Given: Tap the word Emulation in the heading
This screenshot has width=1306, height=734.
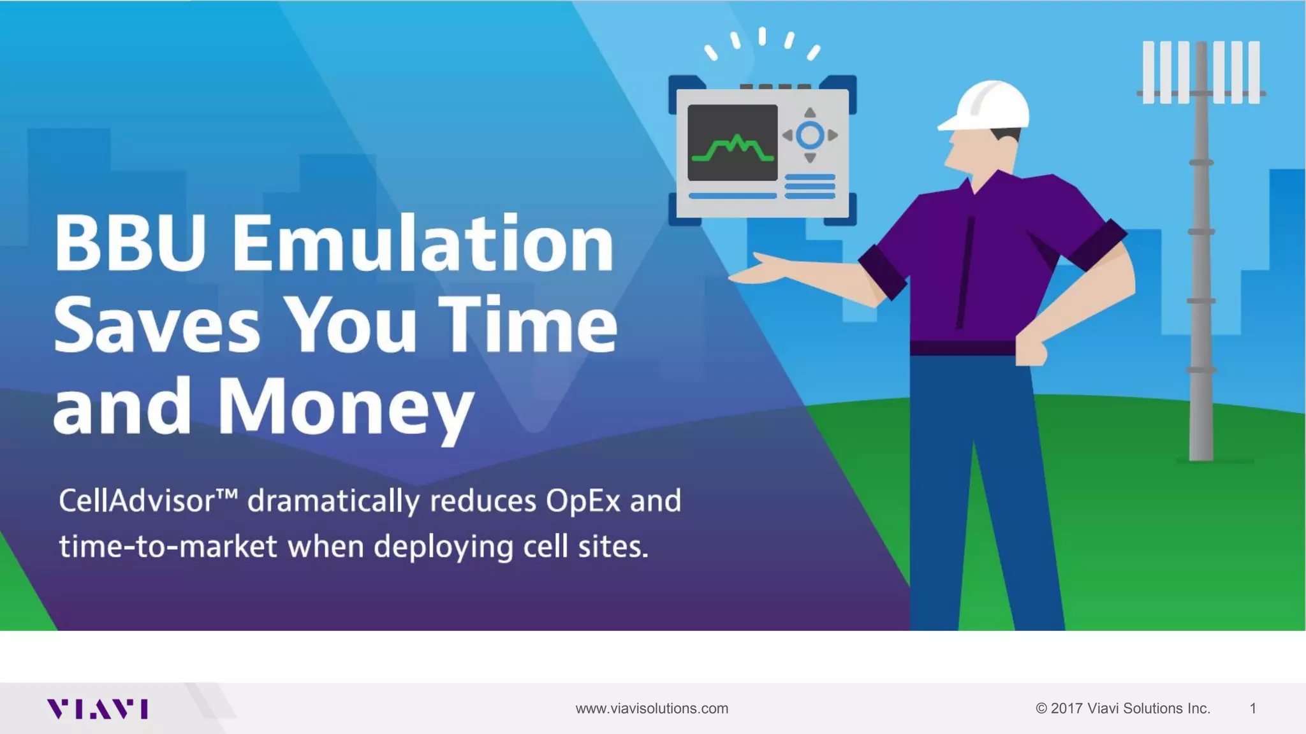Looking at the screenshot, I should pos(423,243).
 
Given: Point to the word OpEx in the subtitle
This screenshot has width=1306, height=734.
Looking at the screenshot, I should pos(583,501).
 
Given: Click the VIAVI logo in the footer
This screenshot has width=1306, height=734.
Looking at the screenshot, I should pos(97,709).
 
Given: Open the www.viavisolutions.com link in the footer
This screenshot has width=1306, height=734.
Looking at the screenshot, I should pos(652,709).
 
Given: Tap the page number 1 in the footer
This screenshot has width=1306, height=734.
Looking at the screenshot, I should pos(1252,709).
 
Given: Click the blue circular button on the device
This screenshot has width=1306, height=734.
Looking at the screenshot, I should pos(810,135).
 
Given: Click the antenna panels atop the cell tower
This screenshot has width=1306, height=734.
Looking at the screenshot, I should pos(1201,72).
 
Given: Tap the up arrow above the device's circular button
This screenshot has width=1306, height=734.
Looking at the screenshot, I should pos(810,113).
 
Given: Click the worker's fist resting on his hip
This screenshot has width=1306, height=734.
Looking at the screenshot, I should pos(1030,352).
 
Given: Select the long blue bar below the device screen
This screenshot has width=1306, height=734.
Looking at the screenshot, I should pos(733,196).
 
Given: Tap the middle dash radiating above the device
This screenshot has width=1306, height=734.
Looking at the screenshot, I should pos(762,36).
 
